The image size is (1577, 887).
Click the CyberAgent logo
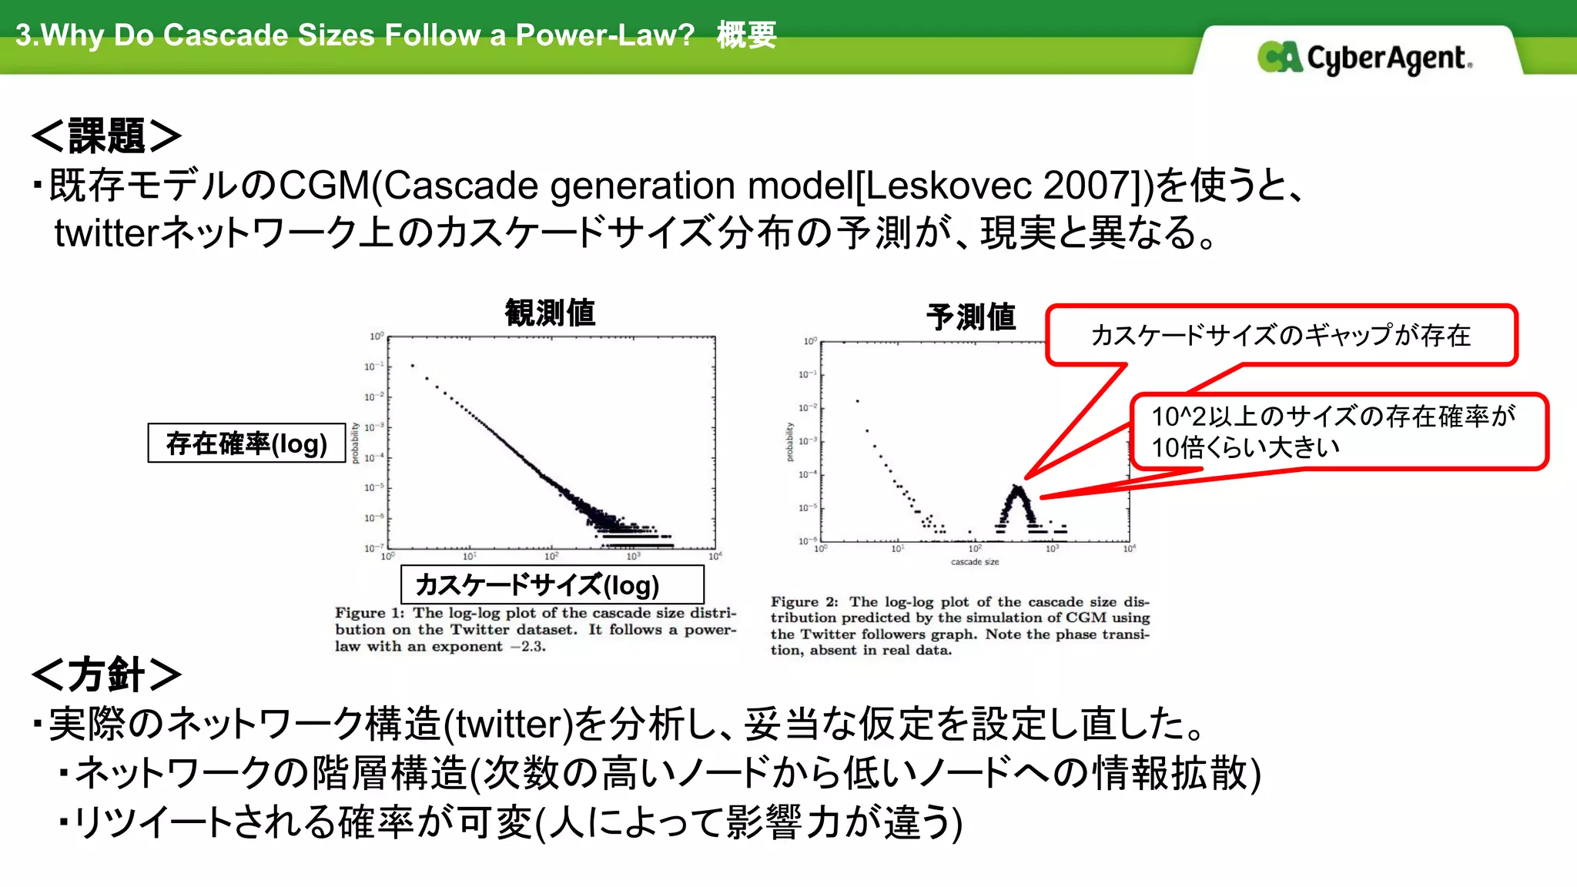coord(1364,58)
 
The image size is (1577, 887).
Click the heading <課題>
coord(106,136)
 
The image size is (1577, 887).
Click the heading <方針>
coord(106,674)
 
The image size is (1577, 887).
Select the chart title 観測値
coord(550,313)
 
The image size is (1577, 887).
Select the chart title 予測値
coord(971,316)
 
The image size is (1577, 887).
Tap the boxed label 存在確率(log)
coord(246,443)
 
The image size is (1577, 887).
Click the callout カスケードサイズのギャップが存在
coord(1281,336)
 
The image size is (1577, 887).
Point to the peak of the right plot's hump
coord(1018,488)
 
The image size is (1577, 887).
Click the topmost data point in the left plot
coord(413,366)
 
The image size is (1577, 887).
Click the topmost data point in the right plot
coord(857,401)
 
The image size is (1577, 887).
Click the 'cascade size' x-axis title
coord(975,562)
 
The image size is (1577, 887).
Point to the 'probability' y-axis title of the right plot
coord(789,442)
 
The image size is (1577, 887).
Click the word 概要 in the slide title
coord(746,35)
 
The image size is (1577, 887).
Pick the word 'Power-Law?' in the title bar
coord(605,35)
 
